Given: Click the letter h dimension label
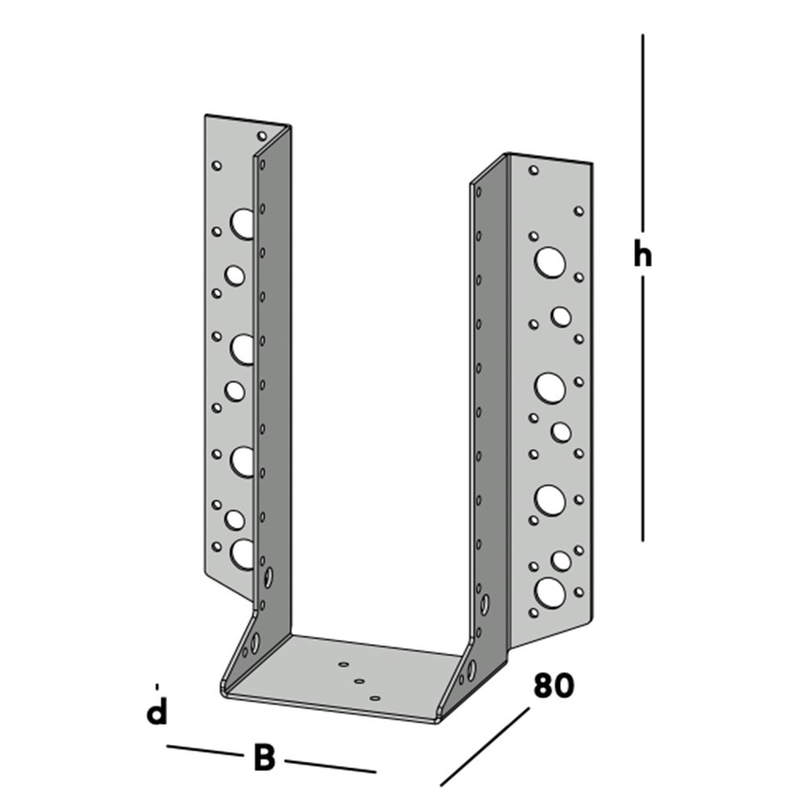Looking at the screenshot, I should pyautogui.click(x=642, y=254).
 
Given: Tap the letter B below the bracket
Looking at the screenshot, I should pyautogui.click(x=264, y=759).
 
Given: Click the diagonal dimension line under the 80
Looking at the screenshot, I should pyautogui.click(x=484, y=747).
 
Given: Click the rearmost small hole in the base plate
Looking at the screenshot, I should pyautogui.click(x=345, y=665).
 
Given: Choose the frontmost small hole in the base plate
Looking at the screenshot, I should pyautogui.click(x=374, y=696).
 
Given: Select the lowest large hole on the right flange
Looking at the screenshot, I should pyautogui.click(x=550, y=592).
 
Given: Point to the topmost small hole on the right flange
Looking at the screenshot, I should pyautogui.click(x=533, y=171).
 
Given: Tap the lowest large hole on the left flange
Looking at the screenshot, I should pyautogui.click(x=242, y=553).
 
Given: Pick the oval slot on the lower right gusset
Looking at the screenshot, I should pyautogui.click(x=470, y=669).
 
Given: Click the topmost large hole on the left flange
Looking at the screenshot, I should pyautogui.click(x=241, y=223).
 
